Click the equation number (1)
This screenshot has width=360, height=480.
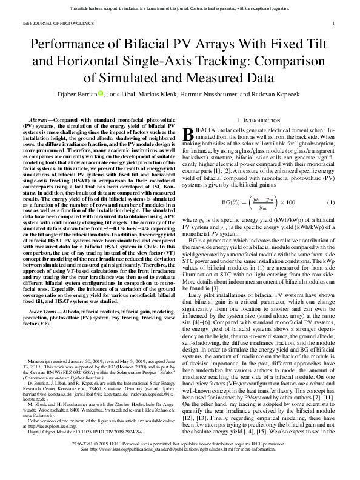[x=331, y=201]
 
